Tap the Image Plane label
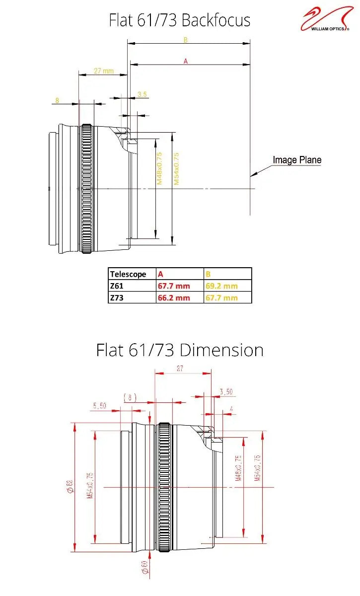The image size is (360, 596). pyautogui.click(x=297, y=160)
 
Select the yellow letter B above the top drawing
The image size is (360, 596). pyautogui.click(x=186, y=40)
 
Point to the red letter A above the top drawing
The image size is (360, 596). pyautogui.click(x=186, y=61)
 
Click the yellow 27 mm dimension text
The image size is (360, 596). pyautogui.click(x=103, y=71)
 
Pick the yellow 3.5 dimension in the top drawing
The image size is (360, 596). pyautogui.click(x=142, y=94)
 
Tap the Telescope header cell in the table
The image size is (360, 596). pyautogui.click(x=128, y=274)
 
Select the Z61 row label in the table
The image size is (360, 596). pyautogui.click(x=117, y=286)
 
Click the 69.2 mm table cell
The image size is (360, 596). pyautogui.click(x=221, y=286)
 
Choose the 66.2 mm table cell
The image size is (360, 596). pyautogui.click(x=174, y=298)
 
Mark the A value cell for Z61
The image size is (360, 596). pyautogui.click(x=174, y=286)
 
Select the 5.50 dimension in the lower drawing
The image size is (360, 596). pyautogui.click(x=99, y=406)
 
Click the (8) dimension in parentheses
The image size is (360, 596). pyautogui.click(x=130, y=397)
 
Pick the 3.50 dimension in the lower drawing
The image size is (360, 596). pyautogui.click(x=226, y=392)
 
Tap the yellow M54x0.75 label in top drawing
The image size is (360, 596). pyautogui.click(x=176, y=169)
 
